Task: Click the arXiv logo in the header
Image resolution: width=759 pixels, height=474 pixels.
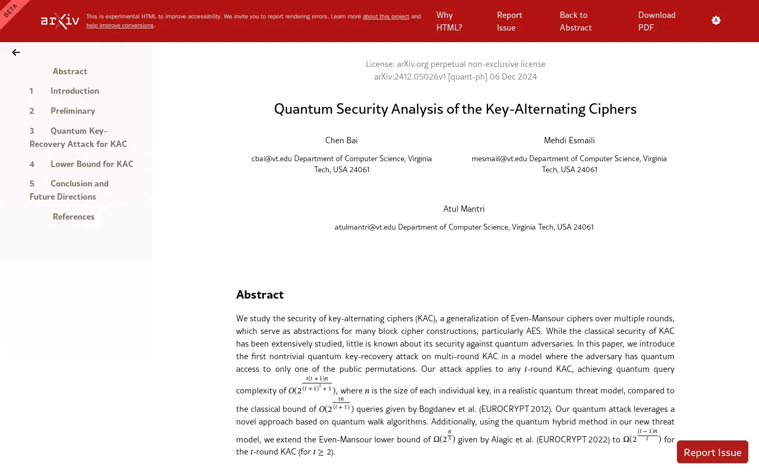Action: (60, 21)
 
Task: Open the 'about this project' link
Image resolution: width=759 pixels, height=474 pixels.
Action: (385, 16)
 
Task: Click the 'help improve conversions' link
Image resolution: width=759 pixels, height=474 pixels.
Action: (120, 25)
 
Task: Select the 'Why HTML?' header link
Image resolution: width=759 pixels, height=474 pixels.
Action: (449, 21)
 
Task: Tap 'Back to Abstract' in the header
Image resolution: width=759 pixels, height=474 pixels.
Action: (575, 21)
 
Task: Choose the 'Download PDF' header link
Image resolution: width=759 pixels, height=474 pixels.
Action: (656, 21)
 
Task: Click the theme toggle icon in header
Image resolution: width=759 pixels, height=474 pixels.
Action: (716, 21)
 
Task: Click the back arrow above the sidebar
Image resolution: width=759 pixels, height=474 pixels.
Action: (16, 52)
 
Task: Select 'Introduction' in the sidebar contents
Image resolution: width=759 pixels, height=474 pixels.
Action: (74, 91)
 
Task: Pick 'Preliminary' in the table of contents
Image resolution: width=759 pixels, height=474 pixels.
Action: (73, 111)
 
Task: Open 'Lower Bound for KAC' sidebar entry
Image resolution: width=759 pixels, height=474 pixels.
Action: (92, 164)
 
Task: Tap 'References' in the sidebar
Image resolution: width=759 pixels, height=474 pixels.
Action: (73, 216)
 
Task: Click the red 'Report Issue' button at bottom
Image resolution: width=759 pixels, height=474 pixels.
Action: (712, 452)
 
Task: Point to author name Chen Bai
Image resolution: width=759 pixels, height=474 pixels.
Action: (342, 140)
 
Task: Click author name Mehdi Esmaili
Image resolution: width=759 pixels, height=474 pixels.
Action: (569, 140)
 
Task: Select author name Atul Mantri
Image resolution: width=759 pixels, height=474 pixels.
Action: (464, 209)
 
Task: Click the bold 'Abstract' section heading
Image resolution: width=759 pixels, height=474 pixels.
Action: (260, 294)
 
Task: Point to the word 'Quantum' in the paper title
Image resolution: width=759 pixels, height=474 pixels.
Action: (303, 109)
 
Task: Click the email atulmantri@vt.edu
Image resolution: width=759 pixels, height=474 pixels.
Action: (365, 227)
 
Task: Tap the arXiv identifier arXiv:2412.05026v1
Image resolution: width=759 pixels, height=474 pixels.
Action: (410, 76)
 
